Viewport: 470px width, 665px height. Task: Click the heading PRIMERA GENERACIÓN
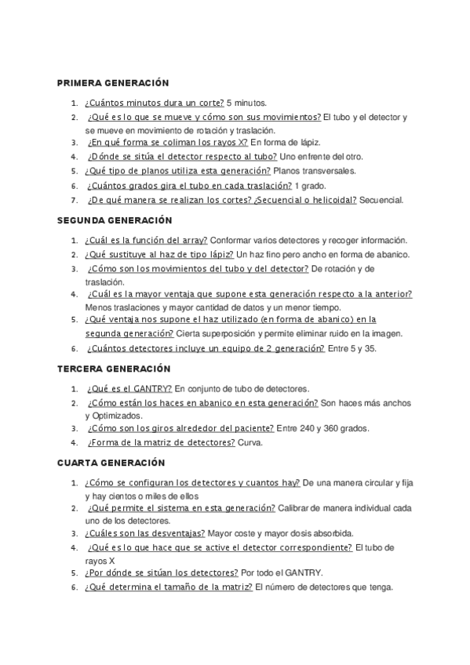[x=113, y=83]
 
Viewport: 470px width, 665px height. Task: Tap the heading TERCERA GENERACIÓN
[x=114, y=369]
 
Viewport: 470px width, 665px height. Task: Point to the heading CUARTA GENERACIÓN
[x=111, y=463]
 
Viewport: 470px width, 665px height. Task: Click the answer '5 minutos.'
[x=246, y=103]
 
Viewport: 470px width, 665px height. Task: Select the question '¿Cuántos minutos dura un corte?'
[x=154, y=103]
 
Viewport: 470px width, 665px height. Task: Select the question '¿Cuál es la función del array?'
[x=146, y=240]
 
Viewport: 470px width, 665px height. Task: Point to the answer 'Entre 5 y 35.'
[x=352, y=348]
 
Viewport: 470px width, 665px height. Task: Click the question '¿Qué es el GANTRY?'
[x=129, y=387]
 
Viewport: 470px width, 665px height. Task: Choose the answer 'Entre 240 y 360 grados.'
[x=322, y=428]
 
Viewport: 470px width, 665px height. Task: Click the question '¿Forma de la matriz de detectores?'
[x=162, y=442]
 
